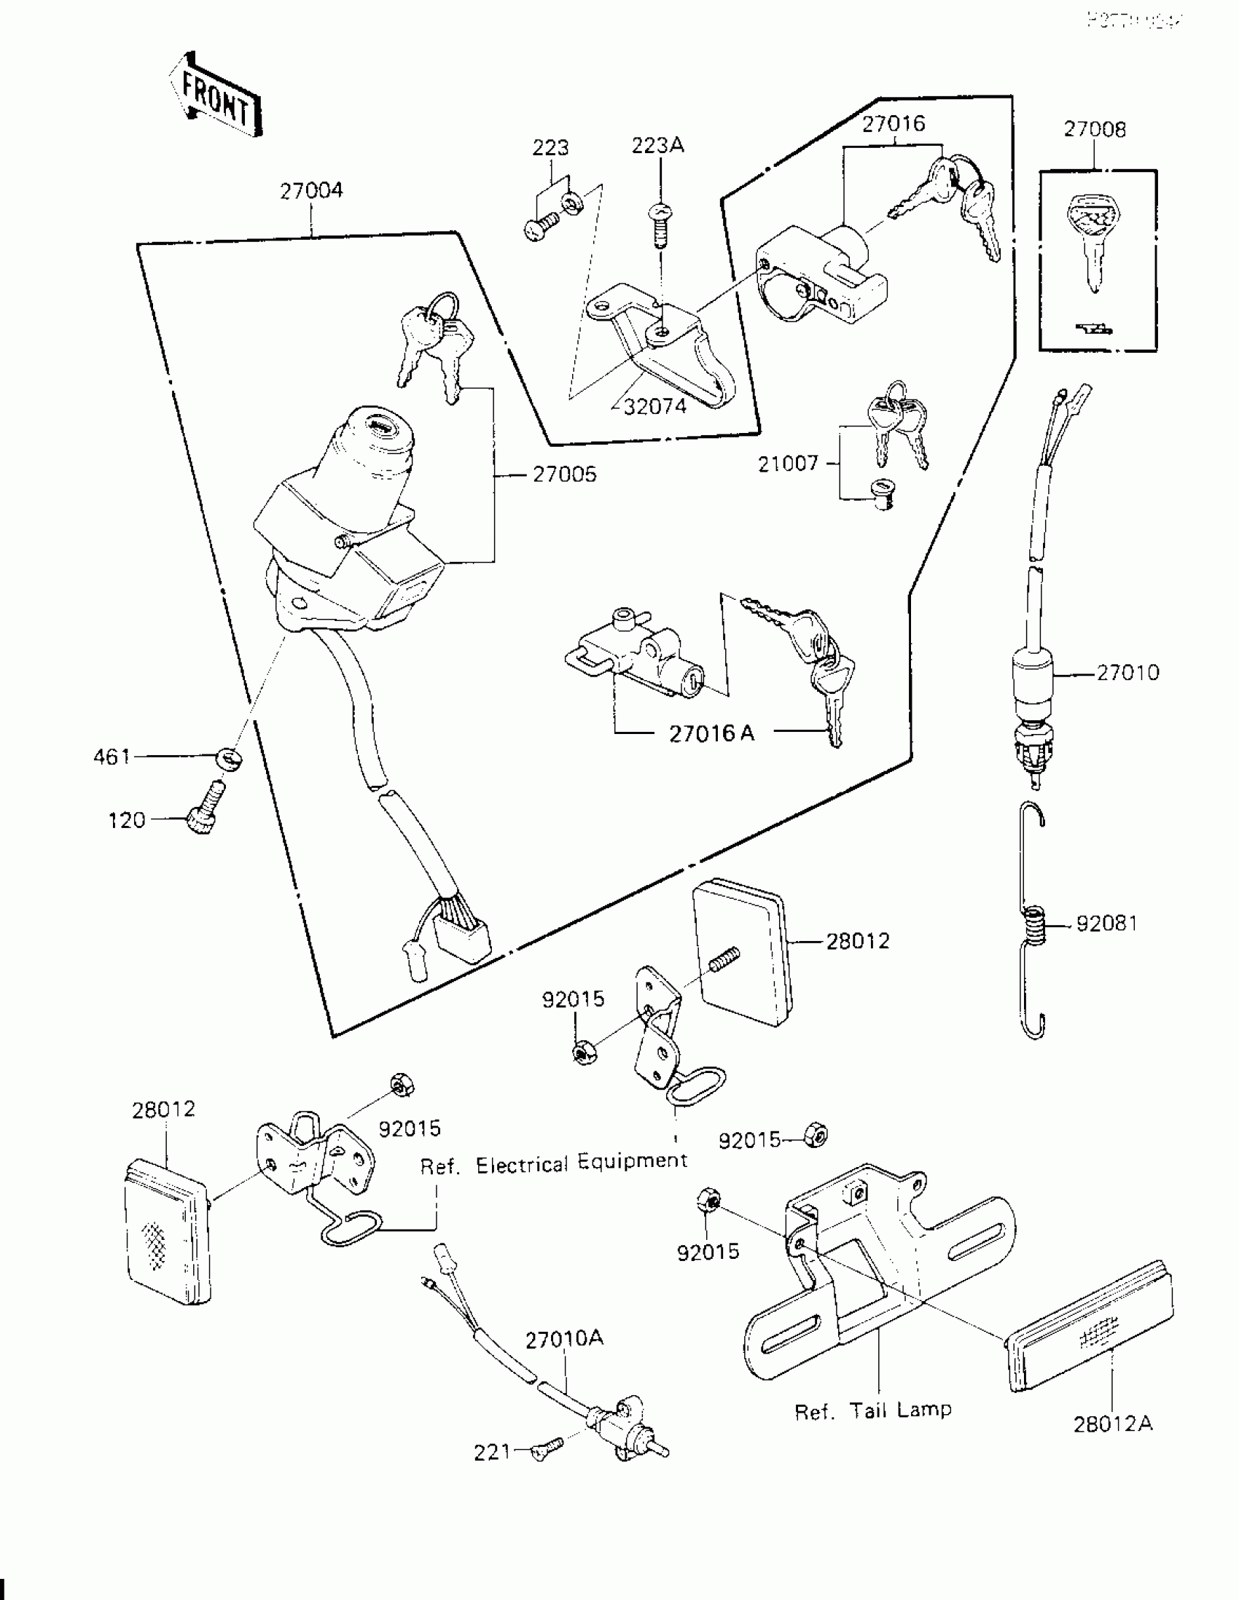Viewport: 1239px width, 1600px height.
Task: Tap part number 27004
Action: tap(310, 190)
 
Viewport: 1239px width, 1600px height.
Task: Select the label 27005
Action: tap(564, 474)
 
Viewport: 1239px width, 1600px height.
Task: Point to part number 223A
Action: tap(657, 146)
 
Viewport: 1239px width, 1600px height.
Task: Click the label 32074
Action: tap(655, 407)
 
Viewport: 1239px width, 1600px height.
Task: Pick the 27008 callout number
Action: tap(1095, 130)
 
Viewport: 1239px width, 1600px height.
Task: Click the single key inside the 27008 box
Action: tap(1093, 242)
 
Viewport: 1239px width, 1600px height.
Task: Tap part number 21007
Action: tap(788, 463)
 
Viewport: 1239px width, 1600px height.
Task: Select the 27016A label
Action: tap(711, 733)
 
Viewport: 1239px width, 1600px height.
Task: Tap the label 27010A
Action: tap(564, 1338)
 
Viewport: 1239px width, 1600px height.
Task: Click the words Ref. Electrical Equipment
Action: tap(554, 1164)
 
